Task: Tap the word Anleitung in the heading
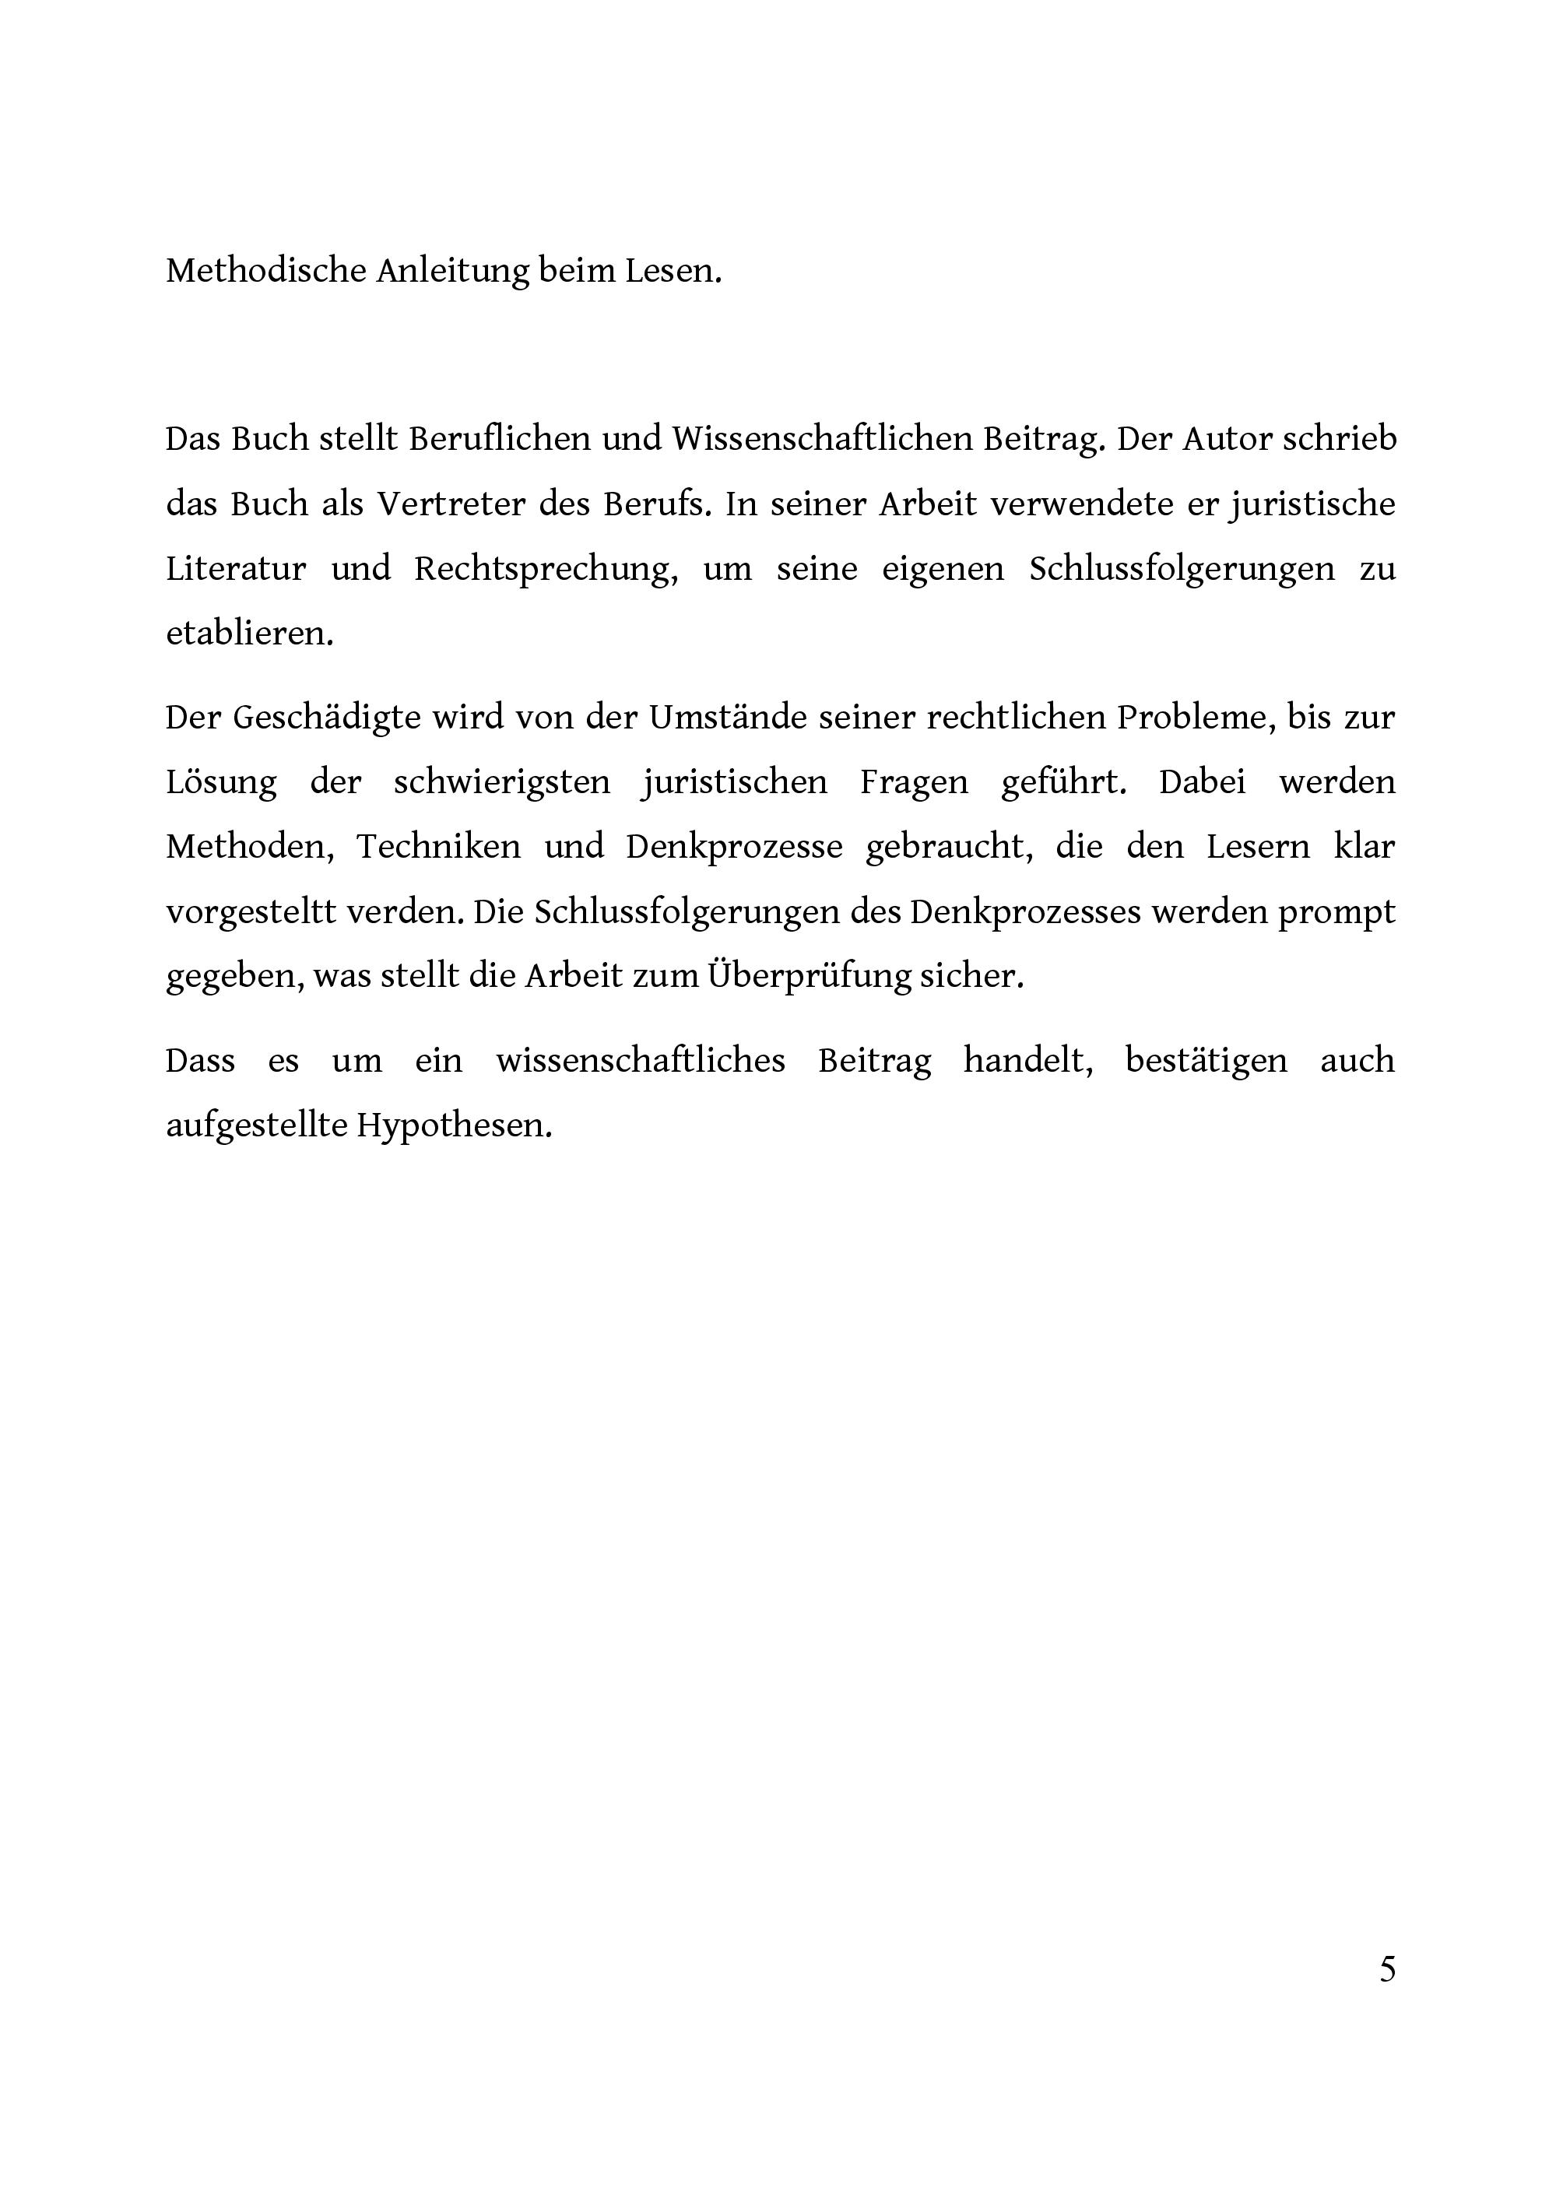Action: tap(451, 272)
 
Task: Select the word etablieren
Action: tap(249, 634)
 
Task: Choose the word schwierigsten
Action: tap(501, 781)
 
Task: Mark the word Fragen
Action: tap(915, 781)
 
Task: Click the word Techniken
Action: tap(439, 847)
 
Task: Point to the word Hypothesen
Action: tap(455, 1125)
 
